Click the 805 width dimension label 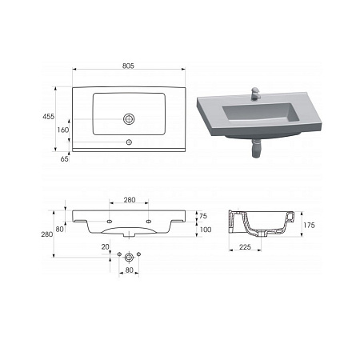coord(128,66)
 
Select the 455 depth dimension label coord(49,117)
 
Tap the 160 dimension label coord(63,130)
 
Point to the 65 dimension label coord(65,159)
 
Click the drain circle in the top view coord(129,119)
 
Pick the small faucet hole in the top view coord(129,142)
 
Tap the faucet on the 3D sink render coord(255,94)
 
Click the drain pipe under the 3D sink coord(256,149)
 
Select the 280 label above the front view coord(130,200)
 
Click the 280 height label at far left coord(47,234)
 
